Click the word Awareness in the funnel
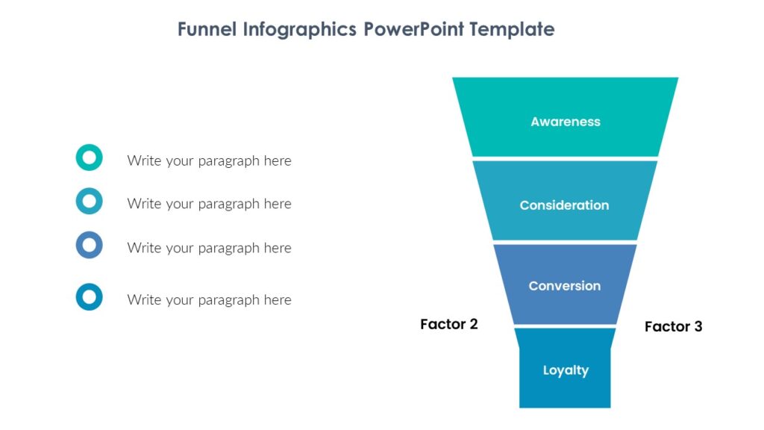coord(565,122)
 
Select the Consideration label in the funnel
coord(564,205)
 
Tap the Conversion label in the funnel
coord(564,286)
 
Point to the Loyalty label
coord(566,370)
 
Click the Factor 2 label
coord(448,324)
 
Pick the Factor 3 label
coord(673,326)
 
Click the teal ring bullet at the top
coord(89,158)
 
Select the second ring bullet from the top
coord(89,201)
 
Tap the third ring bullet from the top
coord(89,245)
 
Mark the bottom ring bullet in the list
coord(89,297)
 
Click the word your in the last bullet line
coord(178,301)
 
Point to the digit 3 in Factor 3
coord(698,326)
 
